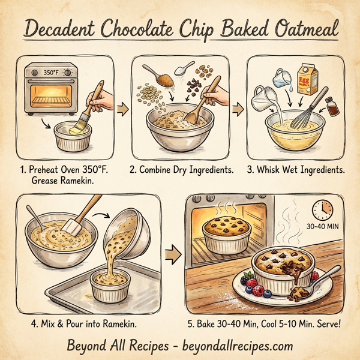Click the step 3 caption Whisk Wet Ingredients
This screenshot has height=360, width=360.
296,170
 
